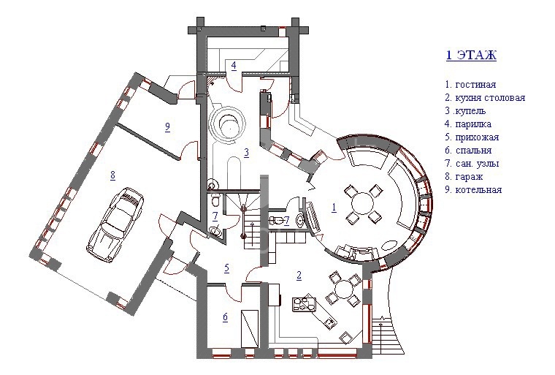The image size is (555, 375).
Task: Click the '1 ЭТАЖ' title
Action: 471,56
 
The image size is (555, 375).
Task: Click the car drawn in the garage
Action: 115,224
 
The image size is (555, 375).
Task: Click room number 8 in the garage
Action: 113,175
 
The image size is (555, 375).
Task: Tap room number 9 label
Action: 167,127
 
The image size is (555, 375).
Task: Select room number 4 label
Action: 234,66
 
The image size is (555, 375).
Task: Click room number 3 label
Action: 246,153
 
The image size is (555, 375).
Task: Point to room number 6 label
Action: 226,317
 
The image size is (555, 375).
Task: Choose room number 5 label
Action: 226,268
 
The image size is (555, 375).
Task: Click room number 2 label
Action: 299,276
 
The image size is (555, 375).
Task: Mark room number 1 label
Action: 334,208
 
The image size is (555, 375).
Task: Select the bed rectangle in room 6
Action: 250,329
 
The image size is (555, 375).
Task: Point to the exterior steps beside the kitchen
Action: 388,334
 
